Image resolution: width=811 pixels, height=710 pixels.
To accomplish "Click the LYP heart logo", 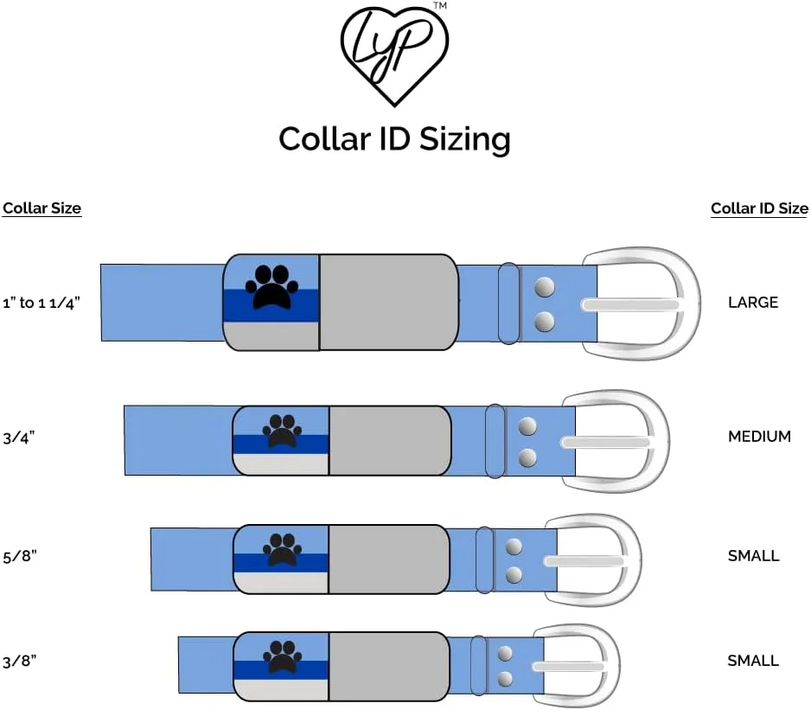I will [394, 53].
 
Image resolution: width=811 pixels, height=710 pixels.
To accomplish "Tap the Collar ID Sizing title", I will [394, 138].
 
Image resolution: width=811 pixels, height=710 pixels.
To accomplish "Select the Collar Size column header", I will [42, 208].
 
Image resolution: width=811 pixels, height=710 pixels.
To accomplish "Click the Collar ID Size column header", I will [759, 208].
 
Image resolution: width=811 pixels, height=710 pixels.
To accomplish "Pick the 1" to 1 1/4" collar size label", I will [41, 303].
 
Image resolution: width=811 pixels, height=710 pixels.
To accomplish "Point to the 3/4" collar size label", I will [18, 437].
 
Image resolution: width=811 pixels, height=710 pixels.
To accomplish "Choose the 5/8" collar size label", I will [19, 556].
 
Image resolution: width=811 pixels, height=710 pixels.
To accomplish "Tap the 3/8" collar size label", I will [19, 661].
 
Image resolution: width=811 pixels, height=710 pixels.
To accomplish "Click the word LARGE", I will [753, 303].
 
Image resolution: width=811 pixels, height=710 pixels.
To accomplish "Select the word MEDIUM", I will [759, 437].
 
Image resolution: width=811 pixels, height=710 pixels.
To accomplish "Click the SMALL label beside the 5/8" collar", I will [753, 556].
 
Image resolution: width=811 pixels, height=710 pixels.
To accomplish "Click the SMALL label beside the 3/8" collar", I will [753, 661].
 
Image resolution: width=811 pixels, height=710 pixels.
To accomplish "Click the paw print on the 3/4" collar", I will [281, 430].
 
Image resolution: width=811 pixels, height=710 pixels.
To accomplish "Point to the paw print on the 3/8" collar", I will [280, 656].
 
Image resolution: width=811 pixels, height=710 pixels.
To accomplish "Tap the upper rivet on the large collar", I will [544, 286].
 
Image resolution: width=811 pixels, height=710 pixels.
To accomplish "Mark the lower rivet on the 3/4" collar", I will [527, 457].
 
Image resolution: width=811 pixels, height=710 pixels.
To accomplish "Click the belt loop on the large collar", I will [508, 303].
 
